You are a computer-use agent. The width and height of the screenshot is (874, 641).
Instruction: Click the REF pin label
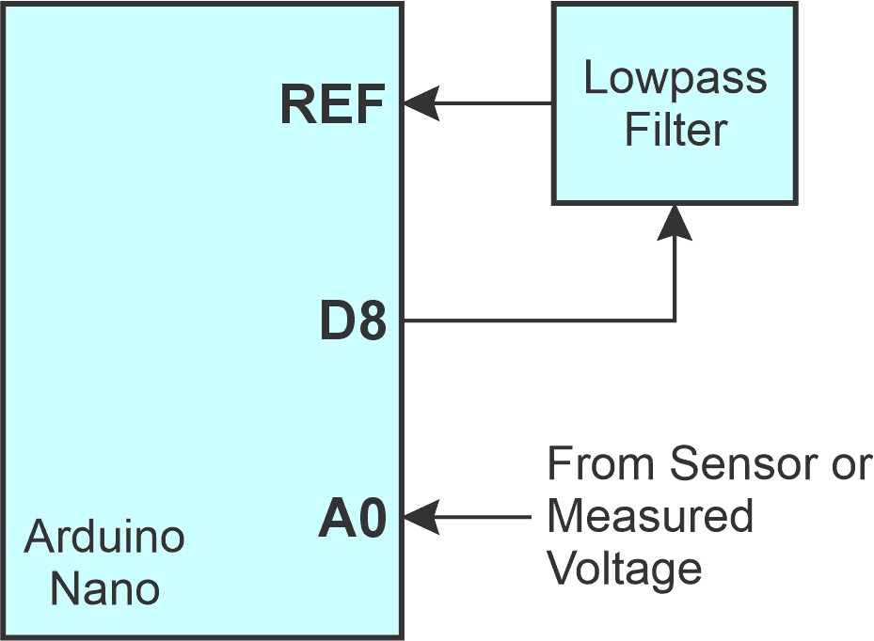point(333,104)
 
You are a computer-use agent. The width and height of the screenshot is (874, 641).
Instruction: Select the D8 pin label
point(353,323)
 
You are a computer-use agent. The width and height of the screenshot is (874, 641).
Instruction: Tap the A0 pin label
point(353,520)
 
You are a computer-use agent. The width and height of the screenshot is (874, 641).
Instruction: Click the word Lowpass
point(675,79)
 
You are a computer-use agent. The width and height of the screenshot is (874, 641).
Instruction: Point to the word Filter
point(675,129)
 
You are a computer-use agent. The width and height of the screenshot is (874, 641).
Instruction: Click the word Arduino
point(104,538)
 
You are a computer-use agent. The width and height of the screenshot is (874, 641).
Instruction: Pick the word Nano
point(104,590)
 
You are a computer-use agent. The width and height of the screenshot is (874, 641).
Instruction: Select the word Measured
point(650,516)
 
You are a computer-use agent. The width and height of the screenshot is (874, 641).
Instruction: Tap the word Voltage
point(625,569)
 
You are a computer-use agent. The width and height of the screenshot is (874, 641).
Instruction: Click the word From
point(599,464)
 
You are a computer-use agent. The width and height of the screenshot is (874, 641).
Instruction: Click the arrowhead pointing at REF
point(422,102)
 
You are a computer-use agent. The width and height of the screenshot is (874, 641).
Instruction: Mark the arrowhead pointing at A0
point(422,517)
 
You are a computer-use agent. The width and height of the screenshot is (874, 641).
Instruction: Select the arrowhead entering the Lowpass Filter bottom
point(675,222)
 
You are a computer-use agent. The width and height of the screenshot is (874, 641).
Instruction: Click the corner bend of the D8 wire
point(675,320)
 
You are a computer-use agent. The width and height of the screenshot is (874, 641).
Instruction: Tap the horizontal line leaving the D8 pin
point(536,320)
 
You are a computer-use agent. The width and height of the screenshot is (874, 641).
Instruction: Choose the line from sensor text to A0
point(485,517)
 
